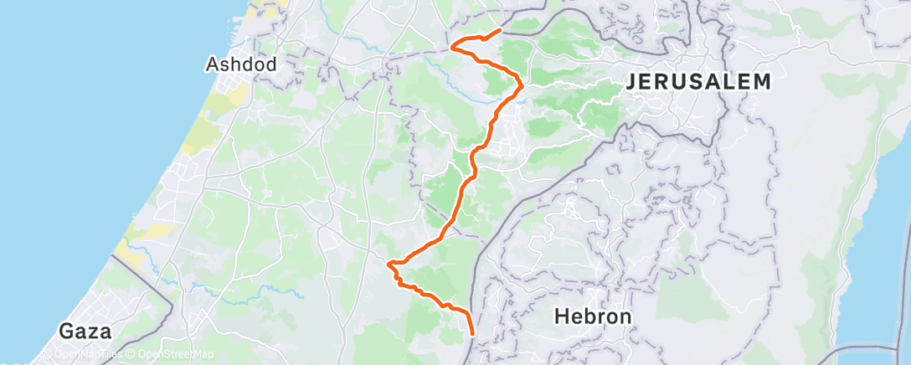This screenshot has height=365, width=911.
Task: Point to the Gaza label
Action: click(85, 331)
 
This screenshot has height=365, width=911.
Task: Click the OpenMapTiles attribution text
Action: click(82, 355)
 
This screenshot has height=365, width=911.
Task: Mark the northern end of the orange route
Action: click(500, 30)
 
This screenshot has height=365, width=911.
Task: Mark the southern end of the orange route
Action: click(473, 334)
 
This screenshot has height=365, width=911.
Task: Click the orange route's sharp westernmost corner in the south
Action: click(389, 264)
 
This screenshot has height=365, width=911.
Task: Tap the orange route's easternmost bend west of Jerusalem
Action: click(522, 84)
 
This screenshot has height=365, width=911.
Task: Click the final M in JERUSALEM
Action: click(762, 82)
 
